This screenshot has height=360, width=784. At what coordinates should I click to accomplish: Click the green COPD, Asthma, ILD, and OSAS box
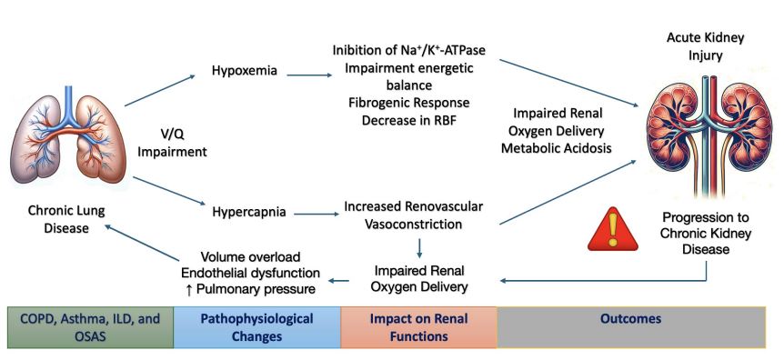(89, 327)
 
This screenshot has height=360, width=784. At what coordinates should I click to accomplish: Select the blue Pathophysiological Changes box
(256, 327)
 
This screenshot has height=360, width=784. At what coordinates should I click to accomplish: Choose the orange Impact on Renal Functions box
(418, 327)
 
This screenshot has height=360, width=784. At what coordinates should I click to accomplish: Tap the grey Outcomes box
(630, 320)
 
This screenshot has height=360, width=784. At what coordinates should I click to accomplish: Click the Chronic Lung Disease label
(57, 219)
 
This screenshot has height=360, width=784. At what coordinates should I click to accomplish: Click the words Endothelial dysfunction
(251, 272)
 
